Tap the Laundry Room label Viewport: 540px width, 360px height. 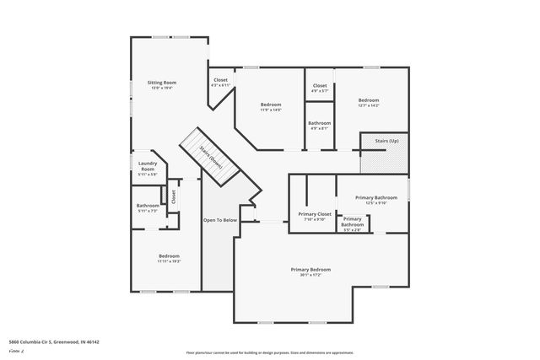[148, 167]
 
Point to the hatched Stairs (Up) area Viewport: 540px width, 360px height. [386, 153]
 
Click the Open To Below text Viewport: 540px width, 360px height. [220, 220]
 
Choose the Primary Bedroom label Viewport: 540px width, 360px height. [310, 269]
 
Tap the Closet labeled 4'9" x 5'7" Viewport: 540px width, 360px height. [320, 88]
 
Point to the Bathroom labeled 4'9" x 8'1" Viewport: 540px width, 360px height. [320, 125]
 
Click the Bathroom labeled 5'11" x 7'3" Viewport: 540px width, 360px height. [148, 207]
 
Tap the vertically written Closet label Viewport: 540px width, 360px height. [174, 196]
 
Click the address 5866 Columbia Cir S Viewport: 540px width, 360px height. [53, 342]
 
